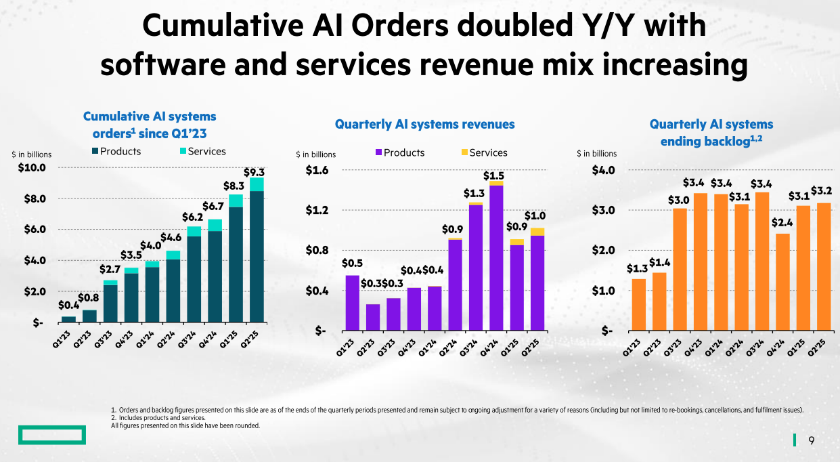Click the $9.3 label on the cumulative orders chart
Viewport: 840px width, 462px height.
(254, 171)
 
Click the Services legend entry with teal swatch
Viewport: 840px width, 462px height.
(201, 152)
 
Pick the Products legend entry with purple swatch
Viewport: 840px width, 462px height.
(400, 153)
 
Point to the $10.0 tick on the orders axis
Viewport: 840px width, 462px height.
(32, 167)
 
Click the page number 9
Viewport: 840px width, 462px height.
(812, 441)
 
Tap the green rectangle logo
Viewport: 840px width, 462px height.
(52, 435)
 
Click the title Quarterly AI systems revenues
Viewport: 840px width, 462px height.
(424, 124)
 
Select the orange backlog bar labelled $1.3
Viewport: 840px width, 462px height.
(638, 305)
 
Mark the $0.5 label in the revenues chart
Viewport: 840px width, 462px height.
(352, 263)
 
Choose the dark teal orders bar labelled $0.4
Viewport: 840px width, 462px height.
(68, 319)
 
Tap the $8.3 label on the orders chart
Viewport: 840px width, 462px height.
(234, 184)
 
